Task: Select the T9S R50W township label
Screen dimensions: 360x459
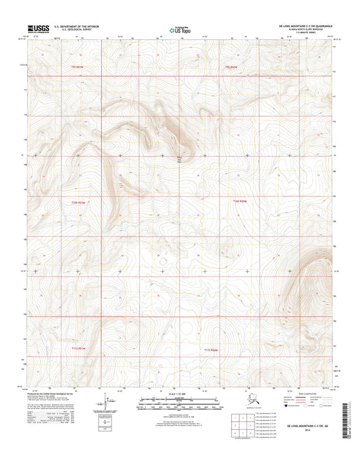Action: pyautogui.click(x=232, y=68)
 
